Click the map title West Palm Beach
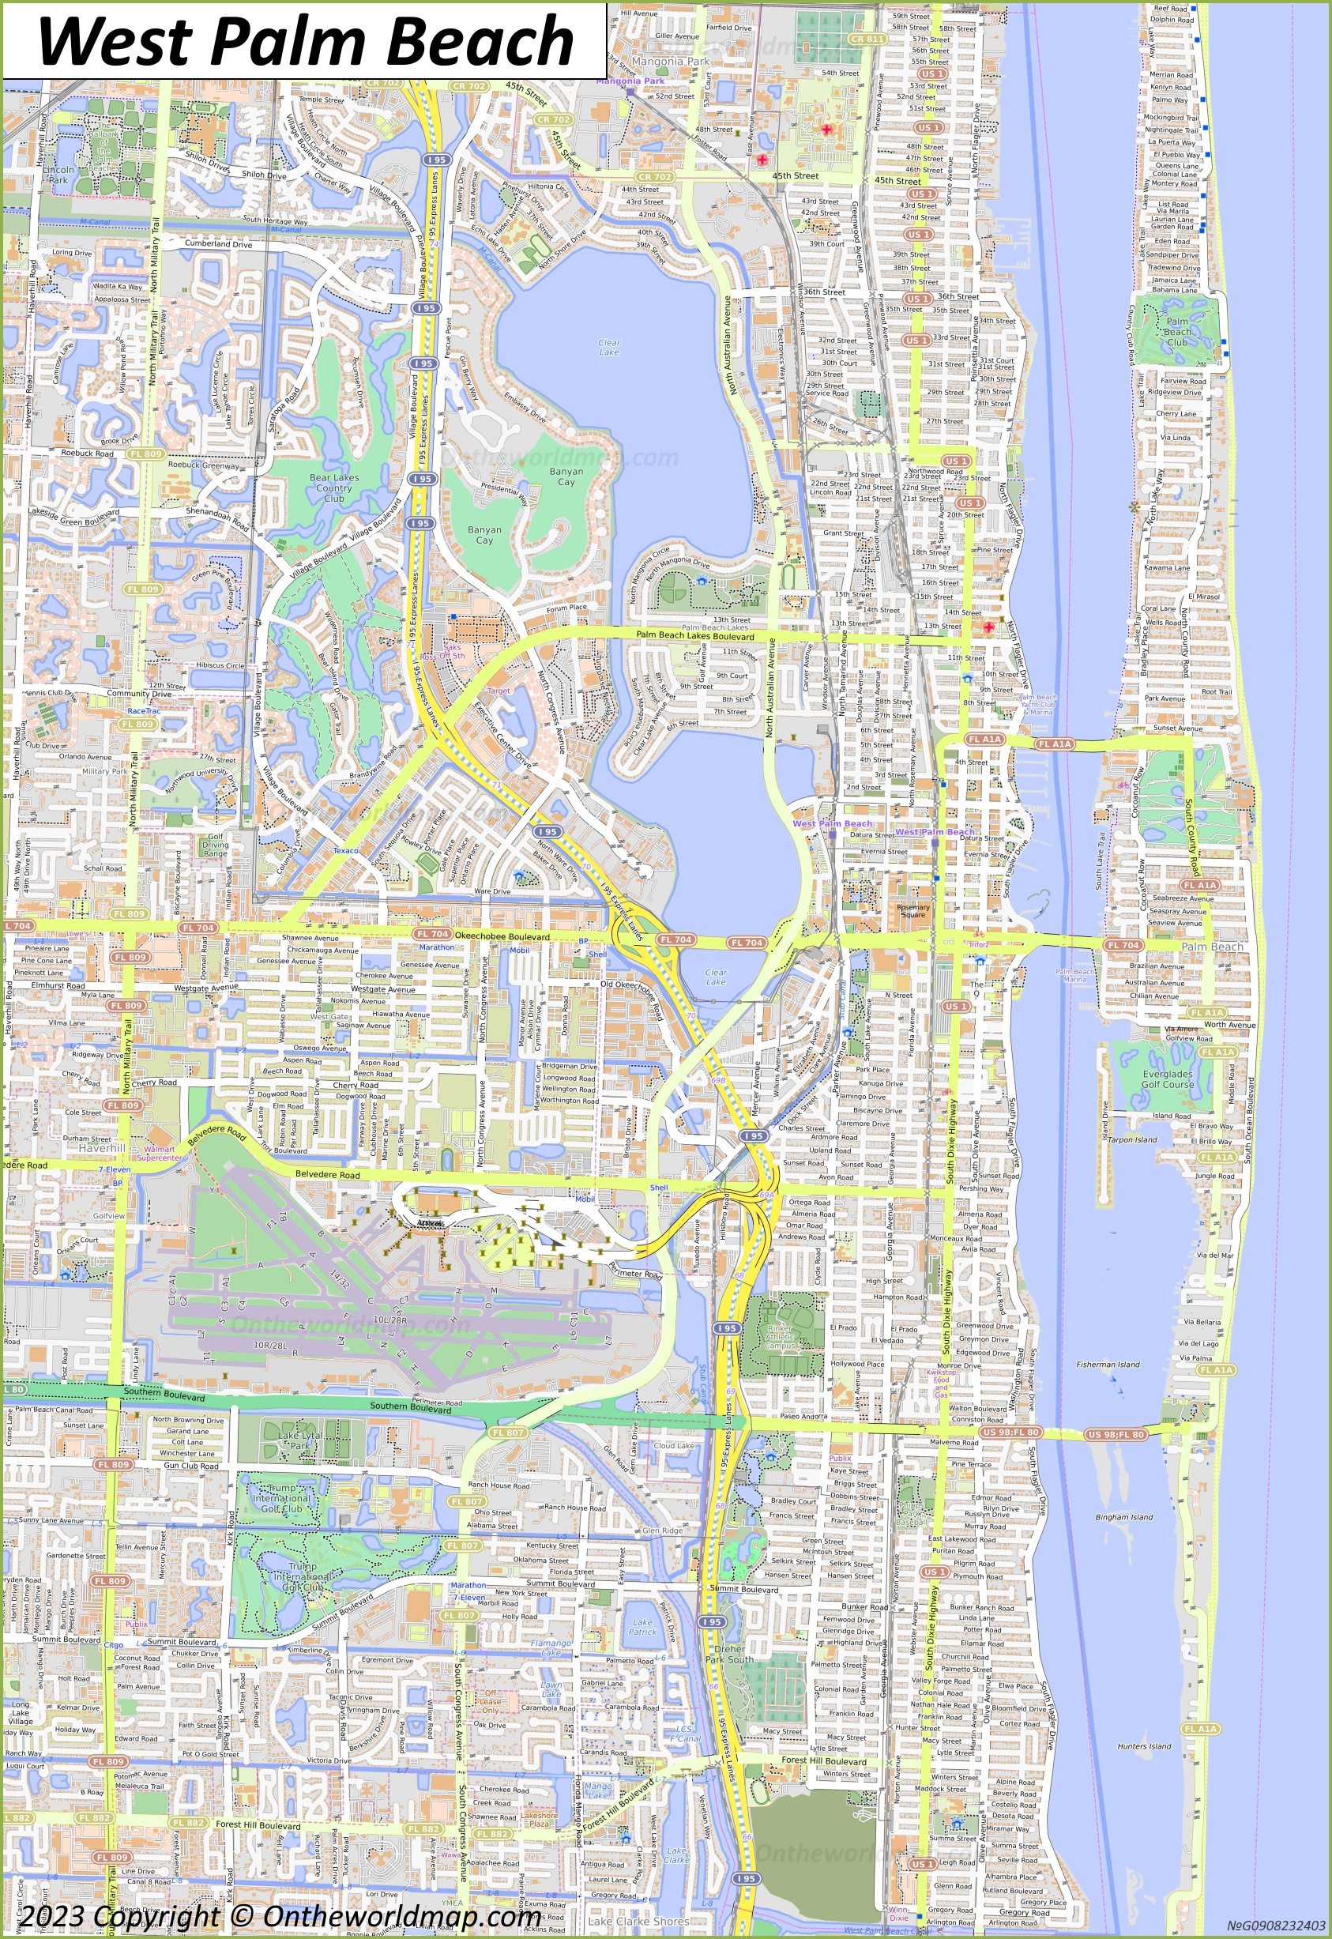pos(305,40)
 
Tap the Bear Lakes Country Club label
pos(334,488)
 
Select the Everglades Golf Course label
pos(1168,1079)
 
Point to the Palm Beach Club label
pos(1178,331)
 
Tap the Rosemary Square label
pos(913,911)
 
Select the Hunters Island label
pos(1144,1745)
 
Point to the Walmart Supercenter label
pos(159,1154)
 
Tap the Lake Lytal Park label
pos(299,1440)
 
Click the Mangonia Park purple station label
pos(630,81)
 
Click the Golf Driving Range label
pos(216,845)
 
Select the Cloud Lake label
pos(674,1445)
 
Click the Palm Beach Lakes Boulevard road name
pos(694,636)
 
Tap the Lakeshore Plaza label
pos(539,1819)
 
